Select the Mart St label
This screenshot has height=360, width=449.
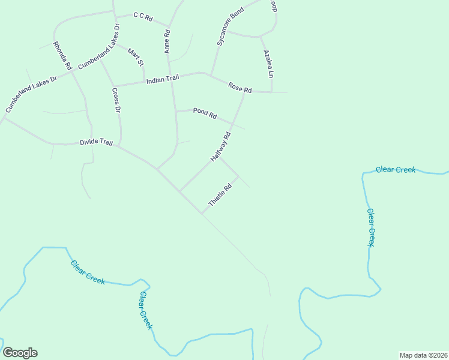point(136,56)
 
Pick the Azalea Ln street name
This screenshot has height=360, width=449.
point(268,64)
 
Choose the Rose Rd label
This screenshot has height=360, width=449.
point(240,88)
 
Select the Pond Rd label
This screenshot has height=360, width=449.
point(205,113)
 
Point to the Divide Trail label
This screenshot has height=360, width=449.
point(97,143)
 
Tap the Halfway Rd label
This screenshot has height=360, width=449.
point(221,146)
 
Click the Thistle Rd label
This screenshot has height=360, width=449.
point(220,195)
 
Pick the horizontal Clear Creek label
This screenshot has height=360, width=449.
point(396,170)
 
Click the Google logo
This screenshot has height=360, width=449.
point(20,353)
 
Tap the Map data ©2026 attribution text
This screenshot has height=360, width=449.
point(423,355)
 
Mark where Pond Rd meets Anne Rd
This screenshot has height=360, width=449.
point(175,112)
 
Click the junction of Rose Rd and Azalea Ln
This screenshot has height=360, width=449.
point(271,92)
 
